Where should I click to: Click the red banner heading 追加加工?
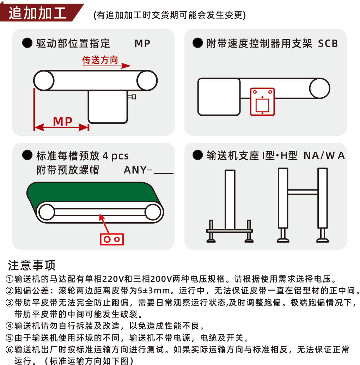(37, 13)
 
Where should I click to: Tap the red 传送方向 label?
(100, 60)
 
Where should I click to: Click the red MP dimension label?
(63, 122)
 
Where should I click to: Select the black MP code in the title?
(142, 43)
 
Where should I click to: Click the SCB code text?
(328, 43)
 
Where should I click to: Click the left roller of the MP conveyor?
(44, 80)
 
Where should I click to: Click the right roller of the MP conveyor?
(147, 80)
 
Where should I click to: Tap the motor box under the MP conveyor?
(108, 107)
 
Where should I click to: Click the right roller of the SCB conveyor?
(320, 89)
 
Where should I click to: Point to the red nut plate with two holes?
(112, 239)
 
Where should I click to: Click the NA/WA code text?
(324, 156)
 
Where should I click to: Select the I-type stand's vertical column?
(230, 200)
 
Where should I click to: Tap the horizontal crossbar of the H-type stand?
(303, 192)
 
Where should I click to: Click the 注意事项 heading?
(32, 265)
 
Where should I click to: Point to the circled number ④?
(10, 326)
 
